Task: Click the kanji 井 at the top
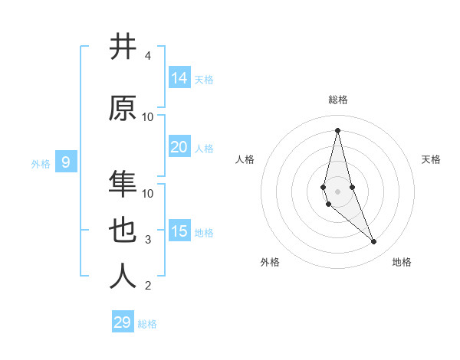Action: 123,47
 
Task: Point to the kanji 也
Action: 123,231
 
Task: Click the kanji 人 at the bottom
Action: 123,277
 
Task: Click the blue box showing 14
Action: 179,78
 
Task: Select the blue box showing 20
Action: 179,147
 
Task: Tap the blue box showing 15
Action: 179,231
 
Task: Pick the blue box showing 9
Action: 67,162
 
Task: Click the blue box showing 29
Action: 122,322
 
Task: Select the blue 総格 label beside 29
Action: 147,324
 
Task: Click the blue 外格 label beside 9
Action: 41,163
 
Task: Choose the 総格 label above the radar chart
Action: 337,100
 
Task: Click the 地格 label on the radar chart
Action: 402,262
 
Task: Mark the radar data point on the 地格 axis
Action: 374,242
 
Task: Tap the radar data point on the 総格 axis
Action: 337,129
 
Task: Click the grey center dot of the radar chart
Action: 337,191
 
